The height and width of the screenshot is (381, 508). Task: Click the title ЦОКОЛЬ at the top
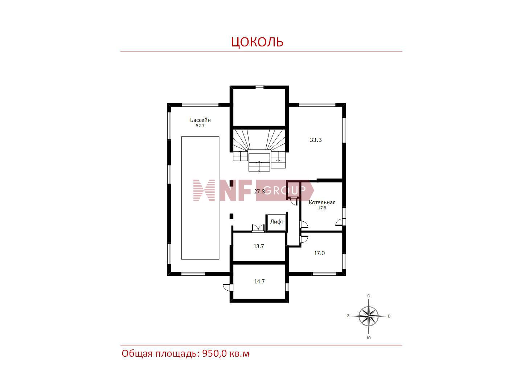[257, 42]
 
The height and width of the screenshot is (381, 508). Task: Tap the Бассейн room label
[200, 120]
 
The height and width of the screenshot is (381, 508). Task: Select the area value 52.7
[200, 126]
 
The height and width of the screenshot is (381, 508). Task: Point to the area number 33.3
[315, 140]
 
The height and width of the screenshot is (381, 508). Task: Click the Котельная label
[322, 202]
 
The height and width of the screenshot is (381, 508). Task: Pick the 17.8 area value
[322, 208]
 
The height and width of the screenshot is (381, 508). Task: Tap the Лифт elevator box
[277, 222]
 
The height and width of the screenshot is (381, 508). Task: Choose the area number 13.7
[258, 246]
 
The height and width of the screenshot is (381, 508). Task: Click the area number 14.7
[259, 282]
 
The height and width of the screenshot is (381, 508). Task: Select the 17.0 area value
[319, 253]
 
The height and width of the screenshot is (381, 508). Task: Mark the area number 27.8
[259, 192]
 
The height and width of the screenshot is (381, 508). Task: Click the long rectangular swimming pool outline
[181, 198]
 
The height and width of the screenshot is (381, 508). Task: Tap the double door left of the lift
[258, 228]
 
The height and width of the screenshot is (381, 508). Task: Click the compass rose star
[368, 316]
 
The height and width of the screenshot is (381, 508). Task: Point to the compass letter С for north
[368, 296]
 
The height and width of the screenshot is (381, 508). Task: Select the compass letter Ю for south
[369, 338]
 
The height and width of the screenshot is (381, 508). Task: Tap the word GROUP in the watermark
[284, 190]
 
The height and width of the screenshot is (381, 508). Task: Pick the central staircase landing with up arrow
[259, 160]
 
